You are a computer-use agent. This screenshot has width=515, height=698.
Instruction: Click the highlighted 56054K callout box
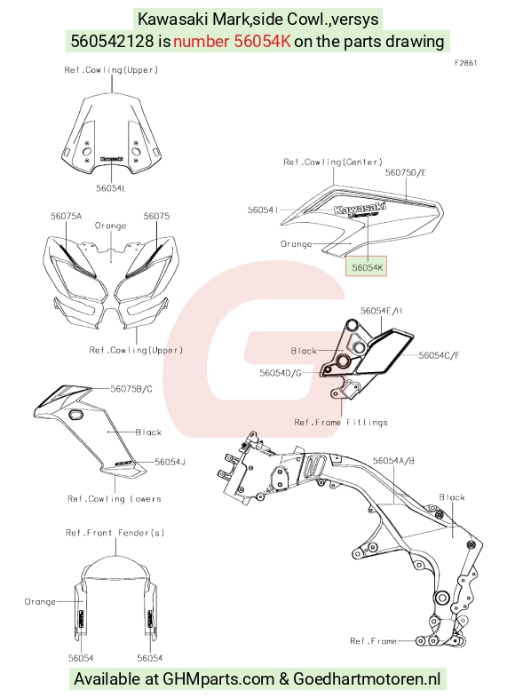click(x=366, y=266)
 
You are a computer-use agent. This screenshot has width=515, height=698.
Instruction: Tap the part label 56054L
click(x=111, y=188)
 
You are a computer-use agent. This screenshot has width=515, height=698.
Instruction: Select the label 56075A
click(x=67, y=216)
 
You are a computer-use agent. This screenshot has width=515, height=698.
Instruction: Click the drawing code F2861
click(x=465, y=63)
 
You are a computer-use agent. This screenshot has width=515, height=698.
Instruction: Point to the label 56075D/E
click(x=405, y=172)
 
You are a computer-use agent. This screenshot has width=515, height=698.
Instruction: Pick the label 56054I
click(x=263, y=210)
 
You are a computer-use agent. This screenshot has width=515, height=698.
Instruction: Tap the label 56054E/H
click(x=382, y=311)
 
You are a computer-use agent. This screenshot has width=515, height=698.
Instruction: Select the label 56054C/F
click(x=439, y=355)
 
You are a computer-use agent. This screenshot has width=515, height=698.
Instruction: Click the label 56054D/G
click(x=281, y=373)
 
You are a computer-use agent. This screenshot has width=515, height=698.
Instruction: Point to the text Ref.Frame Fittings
click(x=341, y=422)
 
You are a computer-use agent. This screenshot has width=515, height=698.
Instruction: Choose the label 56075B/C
click(x=131, y=389)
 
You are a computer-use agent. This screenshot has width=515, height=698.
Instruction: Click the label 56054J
click(x=170, y=462)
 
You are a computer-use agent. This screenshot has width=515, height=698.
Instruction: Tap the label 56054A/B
click(x=393, y=461)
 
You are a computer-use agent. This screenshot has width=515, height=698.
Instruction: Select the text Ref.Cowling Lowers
click(x=115, y=498)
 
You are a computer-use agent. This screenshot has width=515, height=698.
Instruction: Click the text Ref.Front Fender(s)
click(x=115, y=533)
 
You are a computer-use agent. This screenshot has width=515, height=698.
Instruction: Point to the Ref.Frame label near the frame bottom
click(x=373, y=641)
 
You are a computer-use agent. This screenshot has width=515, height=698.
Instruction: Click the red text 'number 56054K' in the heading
click(x=232, y=42)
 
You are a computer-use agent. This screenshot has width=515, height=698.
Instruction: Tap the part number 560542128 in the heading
click(x=113, y=42)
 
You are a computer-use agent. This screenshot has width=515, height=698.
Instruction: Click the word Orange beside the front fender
click(x=40, y=601)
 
